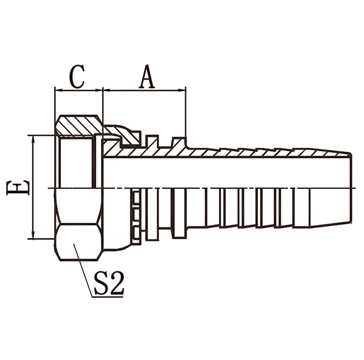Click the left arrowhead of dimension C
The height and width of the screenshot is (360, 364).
tap(57, 89)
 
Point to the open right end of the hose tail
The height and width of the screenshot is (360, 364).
tap(351, 188)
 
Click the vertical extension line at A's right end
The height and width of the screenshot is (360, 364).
tap(186, 114)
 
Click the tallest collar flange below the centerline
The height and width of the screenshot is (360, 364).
tap(179, 214)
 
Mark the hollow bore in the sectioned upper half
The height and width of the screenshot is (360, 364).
tap(222, 172)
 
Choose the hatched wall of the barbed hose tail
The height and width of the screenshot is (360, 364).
tap(250, 153)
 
